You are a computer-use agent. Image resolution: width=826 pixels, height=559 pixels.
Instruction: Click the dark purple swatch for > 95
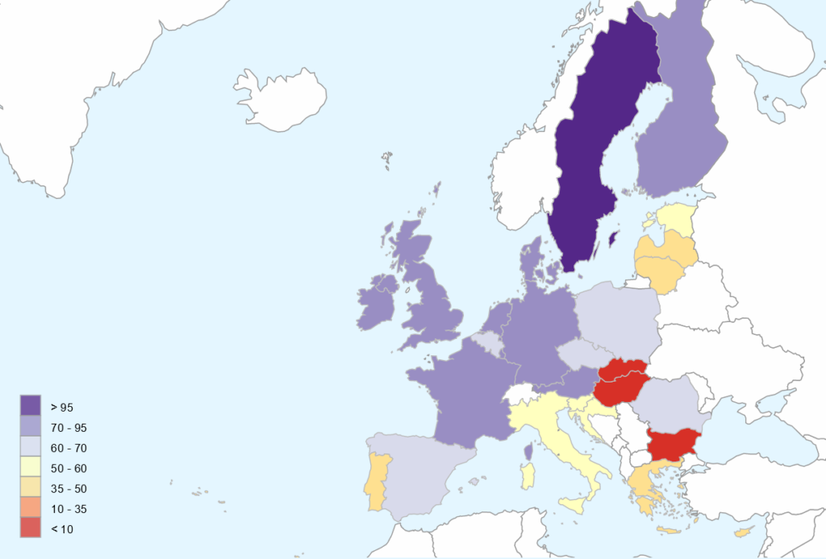(x=31, y=406)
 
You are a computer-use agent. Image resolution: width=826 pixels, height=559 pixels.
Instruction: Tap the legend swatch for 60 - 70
(x=31, y=447)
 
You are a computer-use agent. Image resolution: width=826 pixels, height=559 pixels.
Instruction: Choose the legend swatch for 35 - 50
(x=31, y=488)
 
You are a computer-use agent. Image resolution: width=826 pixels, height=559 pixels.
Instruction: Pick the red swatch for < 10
(x=31, y=529)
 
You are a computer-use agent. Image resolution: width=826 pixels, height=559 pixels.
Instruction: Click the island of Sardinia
(x=528, y=475)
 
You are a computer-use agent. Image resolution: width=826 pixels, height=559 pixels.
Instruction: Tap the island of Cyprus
(x=743, y=532)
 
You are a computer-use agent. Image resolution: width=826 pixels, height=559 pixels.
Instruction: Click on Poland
(x=617, y=314)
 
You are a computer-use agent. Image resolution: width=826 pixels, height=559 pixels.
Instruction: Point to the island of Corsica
(x=529, y=452)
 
